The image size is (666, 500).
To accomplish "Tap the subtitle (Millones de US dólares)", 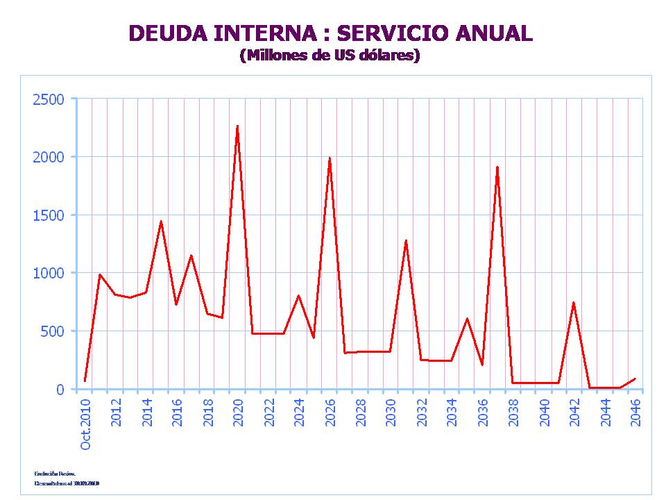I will (330, 56).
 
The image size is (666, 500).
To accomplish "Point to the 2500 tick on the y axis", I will (49, 99).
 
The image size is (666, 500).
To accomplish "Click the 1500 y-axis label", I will (49, 215).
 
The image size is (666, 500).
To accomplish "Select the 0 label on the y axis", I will (60, 390).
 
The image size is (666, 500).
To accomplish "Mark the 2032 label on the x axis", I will (422, 412).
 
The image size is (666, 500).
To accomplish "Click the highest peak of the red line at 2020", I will (237, 126).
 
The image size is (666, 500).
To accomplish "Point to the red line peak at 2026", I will (330, 158).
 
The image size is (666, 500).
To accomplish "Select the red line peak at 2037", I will (497, 167).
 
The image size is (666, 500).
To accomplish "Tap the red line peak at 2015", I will (161, 222).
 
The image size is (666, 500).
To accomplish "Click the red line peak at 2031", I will (406, 240).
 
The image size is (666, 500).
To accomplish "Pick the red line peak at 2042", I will (574, 303).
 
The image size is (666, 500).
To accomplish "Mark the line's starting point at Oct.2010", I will (85, 381).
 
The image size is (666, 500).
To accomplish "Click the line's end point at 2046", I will (635, 378).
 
